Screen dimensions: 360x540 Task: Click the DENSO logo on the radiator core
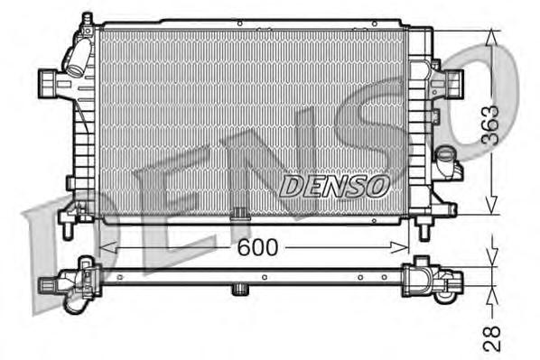pyautogui.click(x=334, y=185)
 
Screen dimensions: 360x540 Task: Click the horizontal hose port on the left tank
pyautogui.click(x=47, y=84)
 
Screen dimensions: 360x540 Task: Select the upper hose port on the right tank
pyautogui.click(x=449, y=86)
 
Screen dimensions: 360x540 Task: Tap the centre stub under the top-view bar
pyautogui.click(x=239, y=290)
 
